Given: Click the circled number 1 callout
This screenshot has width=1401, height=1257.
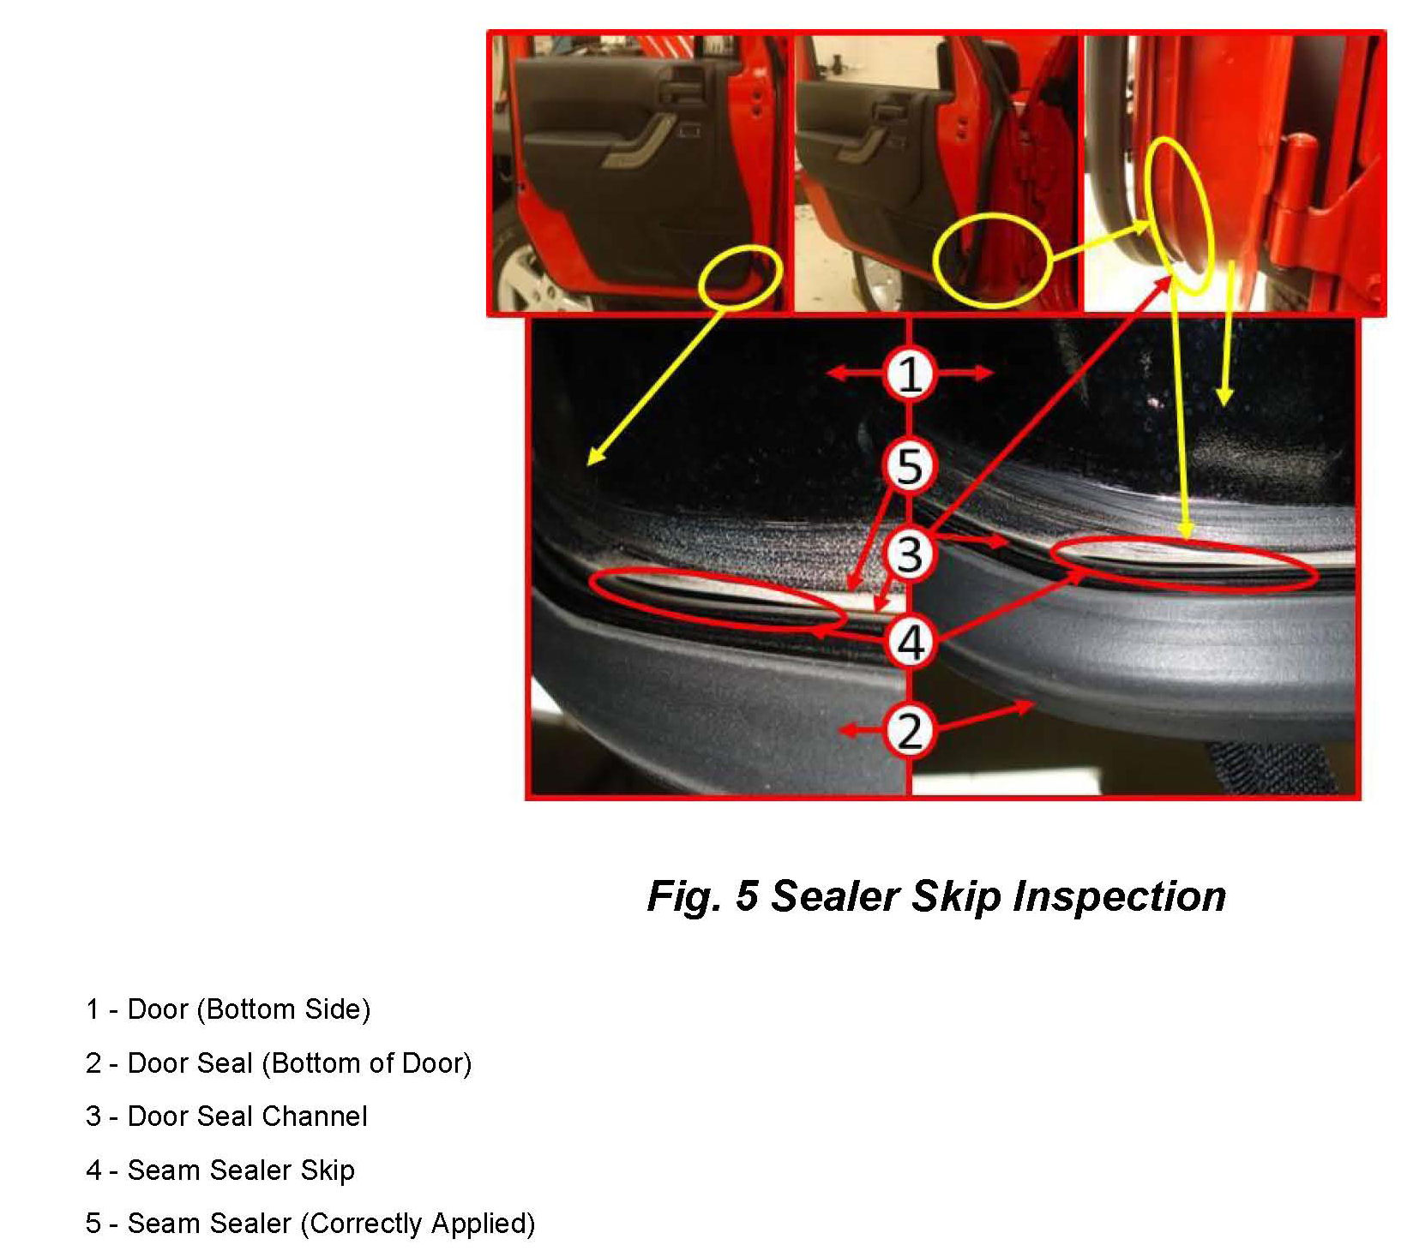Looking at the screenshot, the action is (909, 374).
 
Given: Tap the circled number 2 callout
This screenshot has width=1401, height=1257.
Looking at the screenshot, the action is (909, 731).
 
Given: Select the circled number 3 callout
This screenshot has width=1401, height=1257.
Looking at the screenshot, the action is (909, 553).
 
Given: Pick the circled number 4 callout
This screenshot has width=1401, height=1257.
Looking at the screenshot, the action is (909, 642).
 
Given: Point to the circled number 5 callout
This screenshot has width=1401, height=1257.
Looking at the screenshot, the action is (909, 466).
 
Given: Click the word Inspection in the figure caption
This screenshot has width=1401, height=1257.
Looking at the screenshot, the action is (1119, 896).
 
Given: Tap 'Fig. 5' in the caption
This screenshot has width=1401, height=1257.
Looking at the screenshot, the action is (702, 896).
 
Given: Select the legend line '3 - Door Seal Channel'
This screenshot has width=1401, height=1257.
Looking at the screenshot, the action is (226, 1116).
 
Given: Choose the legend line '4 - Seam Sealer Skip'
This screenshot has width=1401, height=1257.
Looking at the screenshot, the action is (220, 1170).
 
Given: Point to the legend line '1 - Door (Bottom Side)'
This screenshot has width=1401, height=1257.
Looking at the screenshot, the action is (228, 1010).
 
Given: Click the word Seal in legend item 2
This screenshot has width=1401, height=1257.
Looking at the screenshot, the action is (225, 1063).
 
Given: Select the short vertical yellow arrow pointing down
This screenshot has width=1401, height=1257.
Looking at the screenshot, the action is (1227, 334).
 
